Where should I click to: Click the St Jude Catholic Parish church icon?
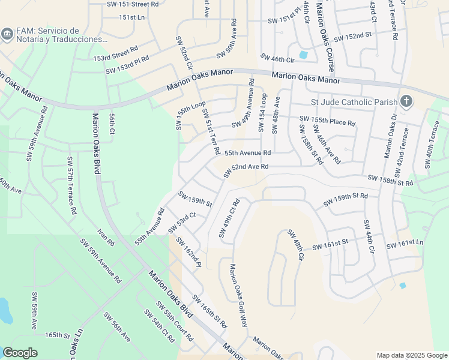(406, 101)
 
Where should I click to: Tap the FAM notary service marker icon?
(8, 32)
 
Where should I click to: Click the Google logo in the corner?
(20, 353)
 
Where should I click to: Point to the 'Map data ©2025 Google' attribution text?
(411, 355)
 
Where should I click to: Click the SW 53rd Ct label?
(182, 222)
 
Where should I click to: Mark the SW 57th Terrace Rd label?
(71, 186)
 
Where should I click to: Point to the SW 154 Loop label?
(262, 112)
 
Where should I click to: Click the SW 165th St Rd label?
(209, 311)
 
